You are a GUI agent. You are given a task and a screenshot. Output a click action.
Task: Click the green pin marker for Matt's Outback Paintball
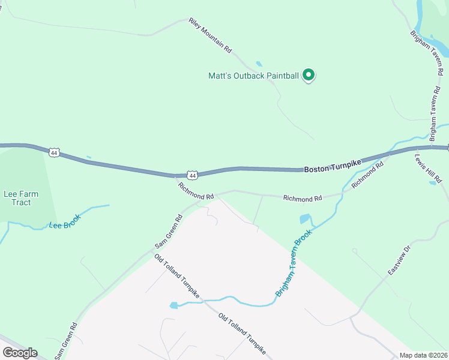(309, 75)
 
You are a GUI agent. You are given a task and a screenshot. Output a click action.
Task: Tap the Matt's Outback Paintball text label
(253, 76)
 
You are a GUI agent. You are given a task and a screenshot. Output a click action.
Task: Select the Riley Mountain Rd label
(210, 36)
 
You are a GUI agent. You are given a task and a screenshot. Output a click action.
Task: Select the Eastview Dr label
(399, 260)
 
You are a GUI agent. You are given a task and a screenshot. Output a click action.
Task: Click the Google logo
(20, 352)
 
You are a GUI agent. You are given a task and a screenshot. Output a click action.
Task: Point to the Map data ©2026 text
(423, 355)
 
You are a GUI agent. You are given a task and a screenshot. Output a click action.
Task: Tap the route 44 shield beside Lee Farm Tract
(55, 153)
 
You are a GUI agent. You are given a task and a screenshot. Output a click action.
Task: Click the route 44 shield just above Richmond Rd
(192, 175)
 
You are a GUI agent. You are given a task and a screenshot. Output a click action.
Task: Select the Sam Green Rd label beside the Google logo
(65, 341)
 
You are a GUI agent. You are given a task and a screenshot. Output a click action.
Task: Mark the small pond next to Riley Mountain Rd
(259, 64)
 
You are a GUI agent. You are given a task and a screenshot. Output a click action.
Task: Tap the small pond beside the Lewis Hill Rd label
(433, 182)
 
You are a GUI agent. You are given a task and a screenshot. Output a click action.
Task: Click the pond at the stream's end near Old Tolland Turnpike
(173, 305)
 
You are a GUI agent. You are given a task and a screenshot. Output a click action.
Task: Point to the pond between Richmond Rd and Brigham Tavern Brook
(305, 219)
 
